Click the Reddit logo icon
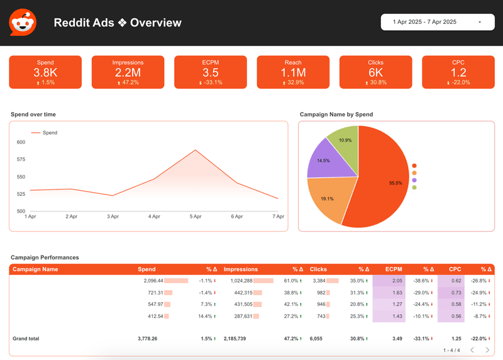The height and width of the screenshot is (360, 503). click(23, 23)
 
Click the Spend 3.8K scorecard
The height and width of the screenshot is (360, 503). click(45, 72)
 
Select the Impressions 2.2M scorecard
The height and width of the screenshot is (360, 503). click(128, 72)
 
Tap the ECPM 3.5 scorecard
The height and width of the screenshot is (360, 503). click(210, 72)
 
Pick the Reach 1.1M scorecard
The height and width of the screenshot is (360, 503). click(293, 72)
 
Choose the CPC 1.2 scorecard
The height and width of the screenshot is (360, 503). click(458, 72)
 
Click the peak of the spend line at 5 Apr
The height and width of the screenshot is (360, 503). click(196, 150)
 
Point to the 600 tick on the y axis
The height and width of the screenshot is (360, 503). click(21, 142)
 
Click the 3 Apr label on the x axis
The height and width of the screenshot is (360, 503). click(113, 217)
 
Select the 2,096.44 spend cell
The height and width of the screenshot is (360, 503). click(153, 281)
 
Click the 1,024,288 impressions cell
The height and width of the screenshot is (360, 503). click(237, 281)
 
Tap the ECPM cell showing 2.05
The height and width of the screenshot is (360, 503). click(397, 281)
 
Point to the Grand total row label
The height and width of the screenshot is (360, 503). click(26, 339)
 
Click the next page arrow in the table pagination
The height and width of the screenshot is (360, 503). click(487, 350)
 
